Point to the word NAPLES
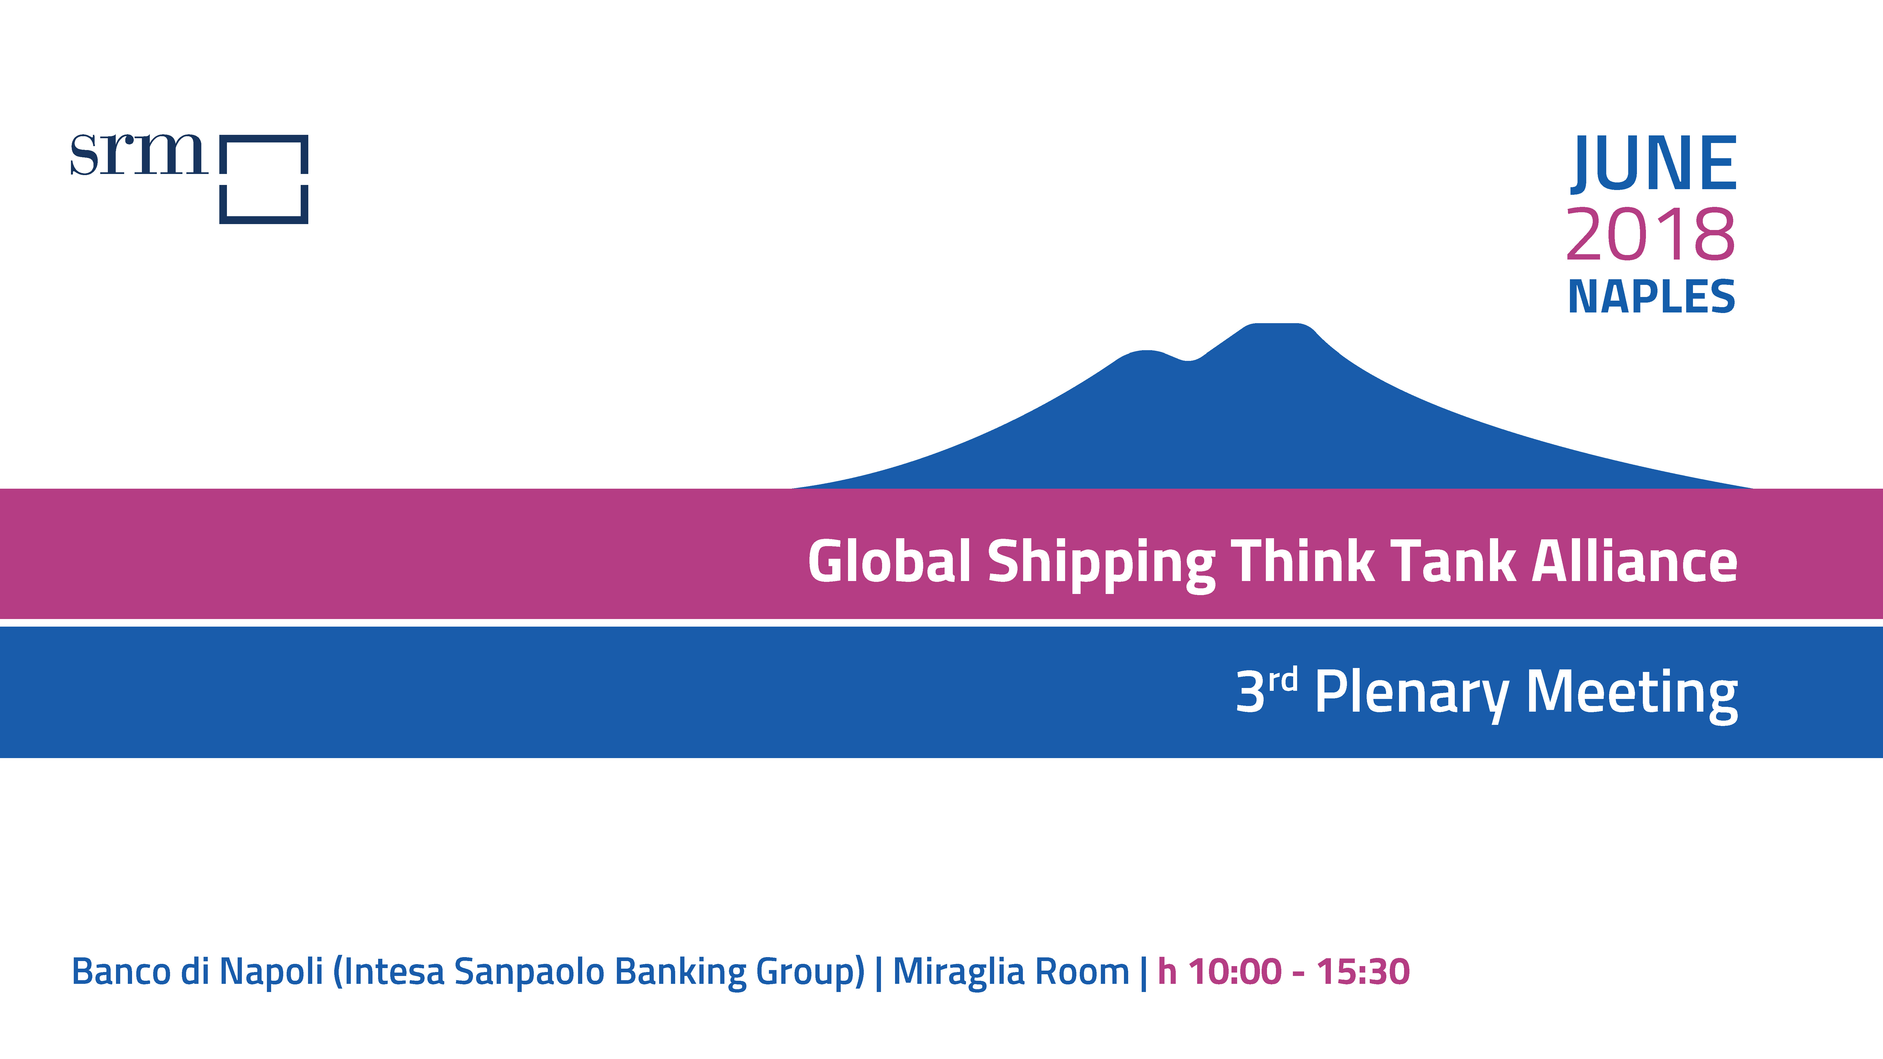pyautogui.click(x=1651, y=297)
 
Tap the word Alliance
pyautogui.click(x=1634, y=561)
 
